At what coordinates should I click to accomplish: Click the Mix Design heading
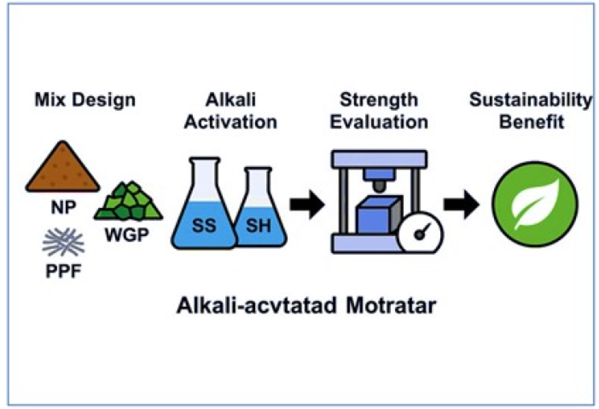click(x=85, y=100)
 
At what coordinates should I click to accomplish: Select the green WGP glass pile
click(x=128, y=203)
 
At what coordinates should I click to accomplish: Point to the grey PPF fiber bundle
click(x=63, y=242)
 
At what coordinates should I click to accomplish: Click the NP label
click(x=63, y=207)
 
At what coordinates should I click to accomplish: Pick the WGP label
click(x=127, y=235)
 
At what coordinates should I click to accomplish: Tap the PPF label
click(x=63, y=271)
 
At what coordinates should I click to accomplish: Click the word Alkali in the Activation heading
click(x=230, y=100)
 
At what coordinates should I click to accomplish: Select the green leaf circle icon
click(x=535, y=204)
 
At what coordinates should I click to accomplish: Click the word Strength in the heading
click(x=379, y=100)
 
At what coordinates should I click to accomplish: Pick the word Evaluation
click(x=379, y=122)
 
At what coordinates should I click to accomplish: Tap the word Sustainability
click(x=531, y=100)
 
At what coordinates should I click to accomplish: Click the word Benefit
click(x=531, y=122)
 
